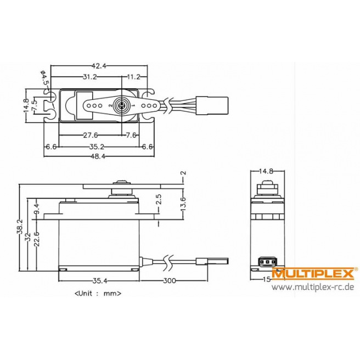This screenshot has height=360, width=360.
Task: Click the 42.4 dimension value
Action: click(x=100, y=65)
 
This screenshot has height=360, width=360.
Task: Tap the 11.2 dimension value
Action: click(x=133, y=76)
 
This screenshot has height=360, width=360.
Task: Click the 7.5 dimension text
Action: click(x=34, y=106)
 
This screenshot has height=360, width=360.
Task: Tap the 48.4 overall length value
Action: click(x=99, y=158)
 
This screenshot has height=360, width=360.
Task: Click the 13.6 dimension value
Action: click(x=183, y=201)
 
